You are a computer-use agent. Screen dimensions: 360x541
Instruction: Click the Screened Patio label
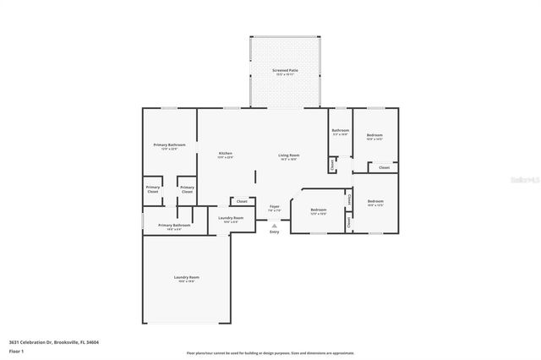click(284, 70)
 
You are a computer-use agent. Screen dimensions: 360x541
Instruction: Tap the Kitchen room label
click(225, 154)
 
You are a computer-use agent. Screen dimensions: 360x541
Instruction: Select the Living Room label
click(288, 155)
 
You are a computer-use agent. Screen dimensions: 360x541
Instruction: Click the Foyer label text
click(275, 207)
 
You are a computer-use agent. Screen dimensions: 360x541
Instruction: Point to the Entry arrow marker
click(274, 225)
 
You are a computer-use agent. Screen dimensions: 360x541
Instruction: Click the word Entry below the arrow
click(274, 232)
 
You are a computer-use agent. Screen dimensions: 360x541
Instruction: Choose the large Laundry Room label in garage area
click(187, 277)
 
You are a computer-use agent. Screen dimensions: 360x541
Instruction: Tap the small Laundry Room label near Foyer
click(231, 219)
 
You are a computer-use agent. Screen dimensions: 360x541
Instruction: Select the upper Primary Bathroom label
click(169, 145)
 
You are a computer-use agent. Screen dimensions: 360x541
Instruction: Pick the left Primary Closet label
click(153, 189)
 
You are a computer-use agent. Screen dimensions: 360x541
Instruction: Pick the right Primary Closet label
click(187, 189)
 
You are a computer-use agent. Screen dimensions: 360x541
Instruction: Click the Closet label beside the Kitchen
click(242, 201)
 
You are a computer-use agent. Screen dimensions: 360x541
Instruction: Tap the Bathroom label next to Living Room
click(340, 130)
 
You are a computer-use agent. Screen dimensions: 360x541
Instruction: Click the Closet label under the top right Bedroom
click(384, 167)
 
